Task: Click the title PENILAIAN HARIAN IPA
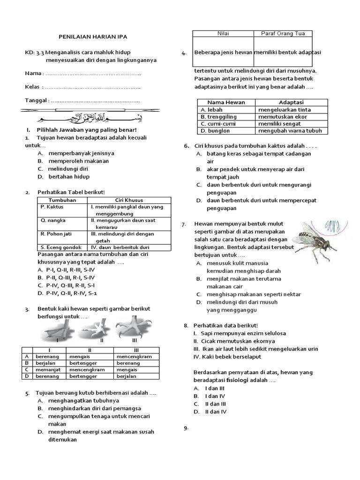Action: click(92, 37)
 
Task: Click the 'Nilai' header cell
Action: click(222, 33)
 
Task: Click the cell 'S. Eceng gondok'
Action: click(61, 247)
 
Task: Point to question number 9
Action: click(186, 427)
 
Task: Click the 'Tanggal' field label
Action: click(37, 101)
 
